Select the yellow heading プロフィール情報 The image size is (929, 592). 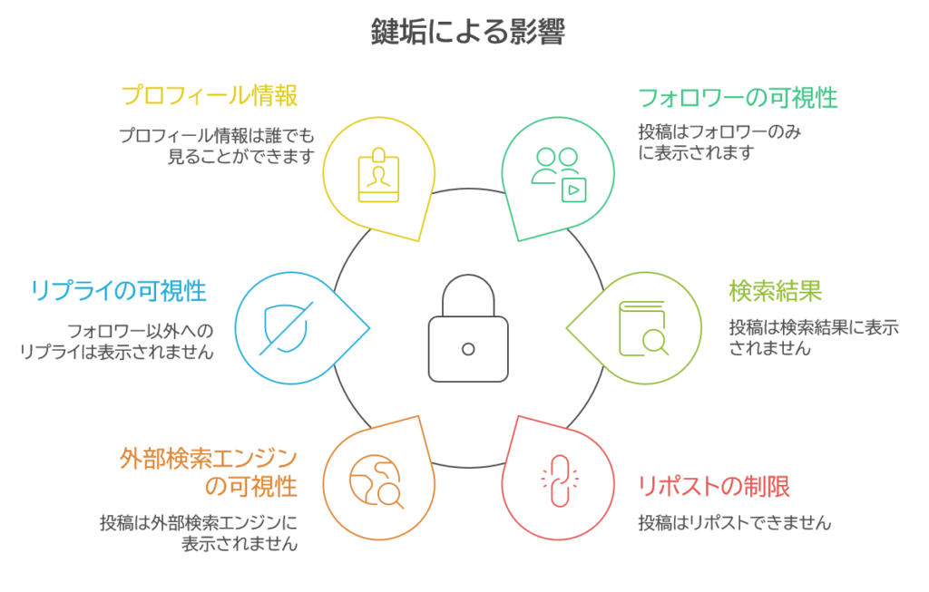[210, 95]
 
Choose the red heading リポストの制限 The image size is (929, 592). [714, 486]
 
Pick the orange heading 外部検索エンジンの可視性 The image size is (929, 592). [210, 472]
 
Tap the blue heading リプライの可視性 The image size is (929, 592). [118, 291]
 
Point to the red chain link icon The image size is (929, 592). [553, 478]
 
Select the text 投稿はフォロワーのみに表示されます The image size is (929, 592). [723, 143]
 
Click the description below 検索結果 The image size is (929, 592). [814, 337]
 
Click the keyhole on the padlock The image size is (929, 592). [467, 349]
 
